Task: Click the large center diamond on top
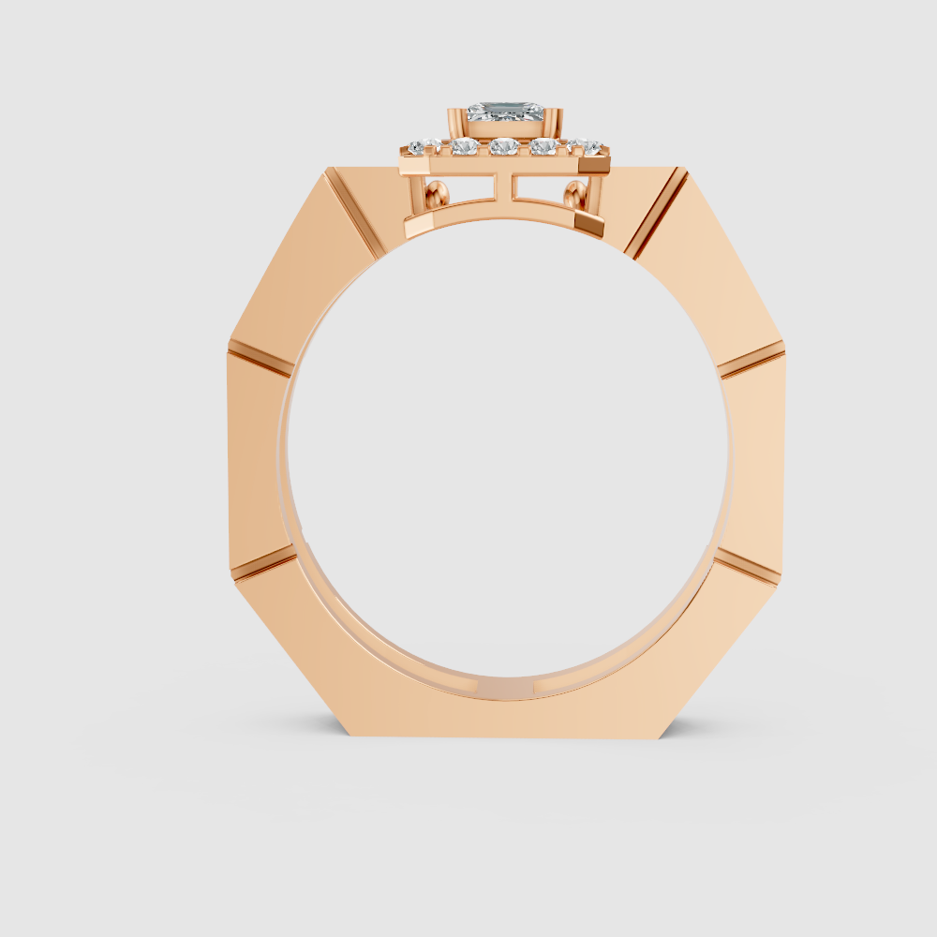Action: tap(506, 113)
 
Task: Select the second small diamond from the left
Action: tap(464, 146)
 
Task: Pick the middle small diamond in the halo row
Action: tap(504, 146)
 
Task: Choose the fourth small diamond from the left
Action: tap(543, 146)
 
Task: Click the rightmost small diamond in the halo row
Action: tap(587, 146)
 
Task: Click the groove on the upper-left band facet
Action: tap(353, 214)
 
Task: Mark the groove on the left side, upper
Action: tap(260, 358)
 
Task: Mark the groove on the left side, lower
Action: tap(264, 563)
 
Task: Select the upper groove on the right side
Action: tap(751, 358)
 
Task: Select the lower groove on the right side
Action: tap(748, 565)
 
